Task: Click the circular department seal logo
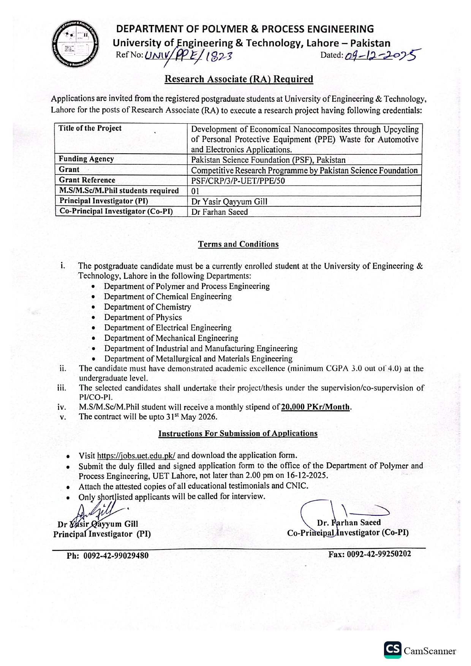(x=76, y=43)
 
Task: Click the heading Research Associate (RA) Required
(x=239, y=79)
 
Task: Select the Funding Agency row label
(x=86, y=159)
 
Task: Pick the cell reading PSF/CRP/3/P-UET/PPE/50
(x=238, y=181)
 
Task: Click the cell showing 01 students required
(x=195, y=191)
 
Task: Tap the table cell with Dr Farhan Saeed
(x=220, y=212)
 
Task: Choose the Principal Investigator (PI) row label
(x=104, y=201)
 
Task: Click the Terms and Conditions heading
(x=238, y=244)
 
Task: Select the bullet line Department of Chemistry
(x=148, y=307)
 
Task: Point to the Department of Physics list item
(x=143, y=317)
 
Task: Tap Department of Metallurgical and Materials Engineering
(x=198, y=359)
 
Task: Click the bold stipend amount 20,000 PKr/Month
(x=315, y=407)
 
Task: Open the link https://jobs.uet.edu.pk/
(x=136, y=455)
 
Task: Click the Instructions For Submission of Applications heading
(x=238, y=433)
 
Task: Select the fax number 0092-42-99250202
(x=379, y=554)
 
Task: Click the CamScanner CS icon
(x=392, y=650)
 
